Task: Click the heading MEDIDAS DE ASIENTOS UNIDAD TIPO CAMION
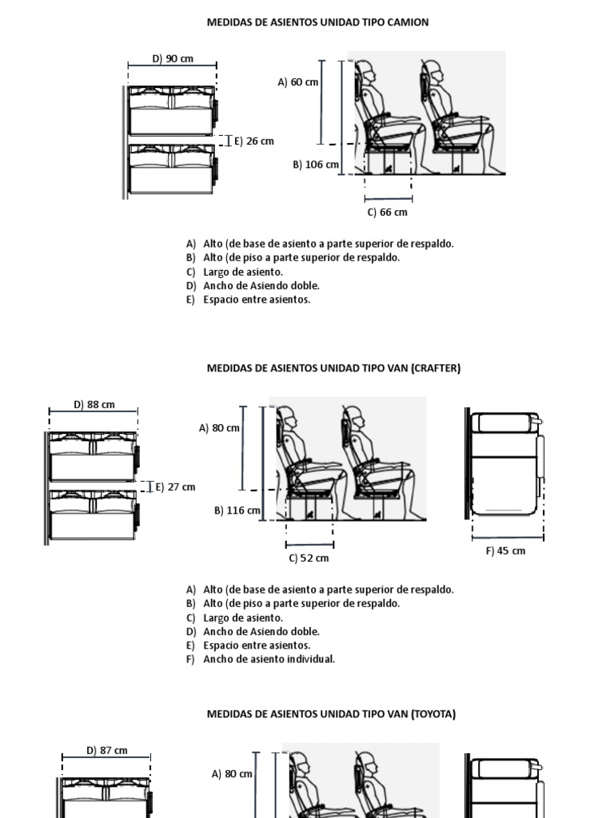tap(318, 22)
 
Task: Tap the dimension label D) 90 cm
tap(173, 58)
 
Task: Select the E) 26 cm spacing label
tap(253, 141)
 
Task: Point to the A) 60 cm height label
tap(297, 81)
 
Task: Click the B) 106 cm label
tap(316, 165)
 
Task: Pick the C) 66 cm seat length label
tap(388, 212)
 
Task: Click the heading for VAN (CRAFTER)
tap(333, 368)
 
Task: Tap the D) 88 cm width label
tap(94, 404)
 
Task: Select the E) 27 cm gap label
tap(175, 486)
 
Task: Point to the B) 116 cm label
tap(237, 510)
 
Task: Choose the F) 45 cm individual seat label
tap(505, 551)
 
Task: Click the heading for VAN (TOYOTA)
tap(331, 714)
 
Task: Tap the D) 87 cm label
tap(107, 750)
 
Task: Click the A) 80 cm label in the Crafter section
tap(219, 427)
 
